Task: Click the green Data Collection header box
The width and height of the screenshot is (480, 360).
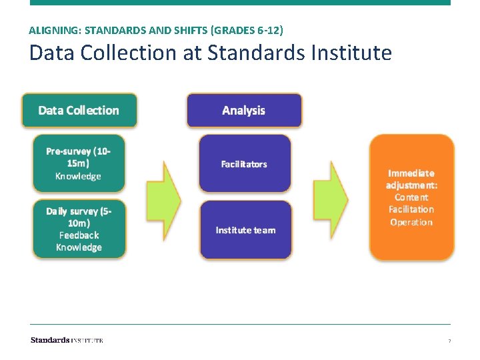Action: [79, 111]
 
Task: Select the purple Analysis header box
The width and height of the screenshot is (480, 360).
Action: [244, 111]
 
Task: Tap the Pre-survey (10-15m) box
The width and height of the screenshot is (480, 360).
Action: [79, 163]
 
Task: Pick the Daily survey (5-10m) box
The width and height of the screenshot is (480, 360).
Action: [79, 229]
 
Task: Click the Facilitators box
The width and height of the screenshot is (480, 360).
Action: [245, 163]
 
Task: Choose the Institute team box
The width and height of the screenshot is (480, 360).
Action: [245, 230]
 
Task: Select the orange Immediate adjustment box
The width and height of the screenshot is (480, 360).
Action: [411, 197]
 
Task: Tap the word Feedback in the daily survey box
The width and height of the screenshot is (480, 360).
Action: [79, 235]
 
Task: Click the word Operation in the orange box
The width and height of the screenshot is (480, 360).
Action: [411, 222]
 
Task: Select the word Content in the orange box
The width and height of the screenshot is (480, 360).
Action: [411, 197]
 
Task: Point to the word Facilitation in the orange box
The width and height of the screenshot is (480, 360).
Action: [411, 209]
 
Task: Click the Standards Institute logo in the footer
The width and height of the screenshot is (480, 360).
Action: [67, 340]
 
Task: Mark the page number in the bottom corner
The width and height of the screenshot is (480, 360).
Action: [449, 341]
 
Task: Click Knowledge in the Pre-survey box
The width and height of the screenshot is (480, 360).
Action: [79, 176]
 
